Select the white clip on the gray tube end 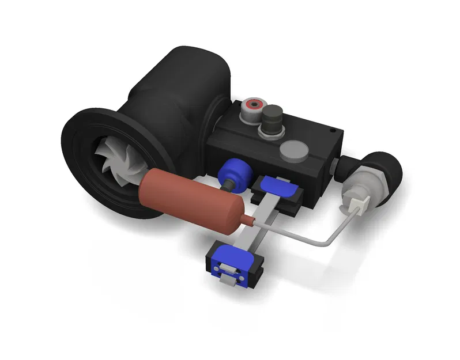[359, 203]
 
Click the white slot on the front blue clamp [228, 268]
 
